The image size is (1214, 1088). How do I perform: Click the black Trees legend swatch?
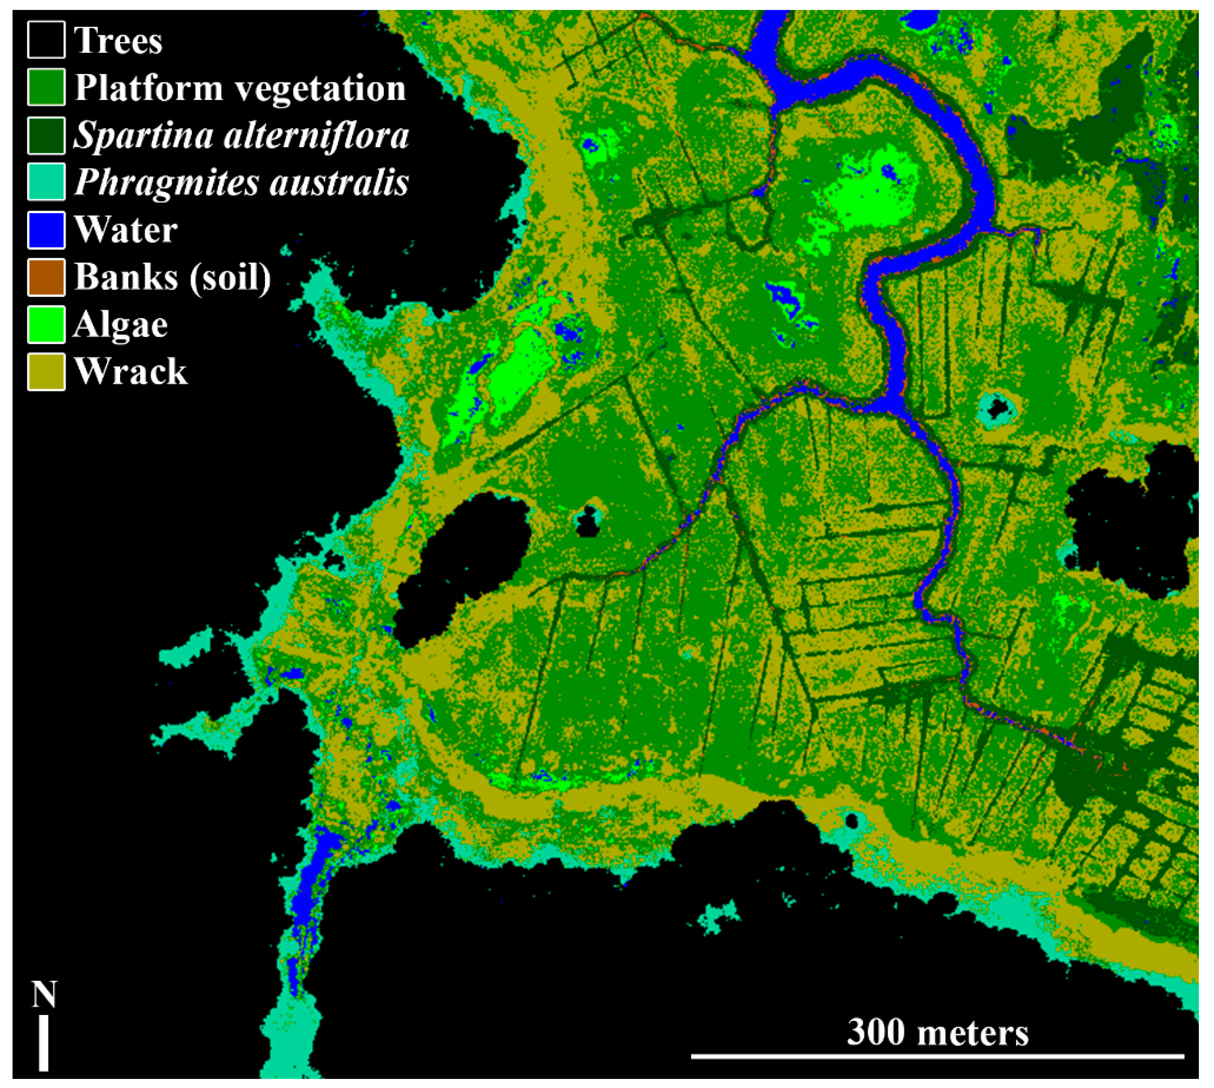pyautogui.click(x=46, y=40)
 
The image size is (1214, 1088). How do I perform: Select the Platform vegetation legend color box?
pyautogui.click(x=46, y=87)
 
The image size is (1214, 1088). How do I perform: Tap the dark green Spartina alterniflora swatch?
pyautogui.click(x=46, y=134)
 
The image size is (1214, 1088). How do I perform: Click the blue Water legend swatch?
pyautogui.click(x=46, y=230)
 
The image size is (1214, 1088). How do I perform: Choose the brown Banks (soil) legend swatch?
pyautogui.click(x=46, y=277)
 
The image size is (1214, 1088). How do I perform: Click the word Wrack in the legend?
pyautogui.click(x=131, y=372)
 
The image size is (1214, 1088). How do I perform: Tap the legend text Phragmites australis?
pyautogui.click(x=241, y=182)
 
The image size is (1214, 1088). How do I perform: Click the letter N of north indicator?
pyautogui.click(x=44, y=995)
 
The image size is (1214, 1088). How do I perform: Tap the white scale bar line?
pyautogui.click(x=938, y=1056)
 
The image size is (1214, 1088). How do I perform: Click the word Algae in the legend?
pyautogui.click(x=121, y=325)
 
